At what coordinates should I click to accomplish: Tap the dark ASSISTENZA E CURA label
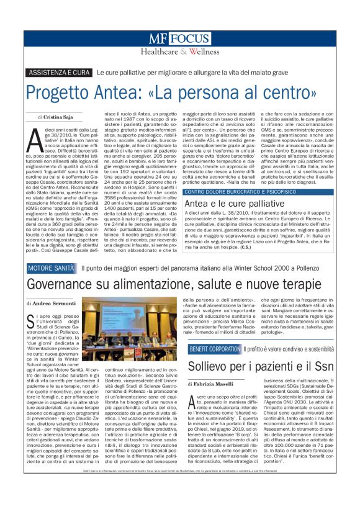pyautogui.click(x=60, y=73)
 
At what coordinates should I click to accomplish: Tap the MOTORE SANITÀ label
pyautogui.click(x=52, y=268)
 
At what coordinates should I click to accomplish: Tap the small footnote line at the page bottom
pyautogui.click(x=180, y=489)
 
